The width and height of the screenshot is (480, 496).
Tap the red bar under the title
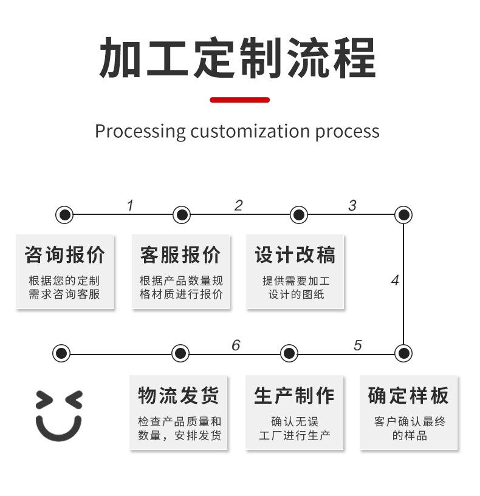pyautogui.click(x=239, y=100)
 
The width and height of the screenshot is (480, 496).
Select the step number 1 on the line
pyautogui.click(x=129, y=206)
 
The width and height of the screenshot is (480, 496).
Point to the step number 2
pyautogui.click(x=238, y=205)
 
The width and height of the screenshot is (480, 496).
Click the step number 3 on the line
pyautogui.click(x=352, y=205)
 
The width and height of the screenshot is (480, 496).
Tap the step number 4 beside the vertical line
pyautogui.click(x=394, y=280)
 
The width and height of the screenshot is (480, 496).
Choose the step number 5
pyautogui.click(x=357, y=345)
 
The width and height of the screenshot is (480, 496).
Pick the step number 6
pyautogui.click(x=236, y=345)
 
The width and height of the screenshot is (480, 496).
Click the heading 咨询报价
pyautogui.click(x=65, y=254)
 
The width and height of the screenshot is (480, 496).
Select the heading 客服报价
pyautogui.click(x=180, y=254)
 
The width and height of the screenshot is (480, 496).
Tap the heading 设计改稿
pyautogui.click(x=295, y=254)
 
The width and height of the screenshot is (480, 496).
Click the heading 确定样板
pyautogui.click(x=408, y=395)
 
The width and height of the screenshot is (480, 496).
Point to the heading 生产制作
pyautogui.click(x=294, y=395)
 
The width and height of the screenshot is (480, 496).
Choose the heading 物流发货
pyautogui.click(x=179, y=395)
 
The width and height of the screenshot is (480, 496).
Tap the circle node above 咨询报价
pyautogui.click(x=64, y=214)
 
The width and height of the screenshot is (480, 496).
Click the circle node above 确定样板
pyautogui.click(x=403, y=353)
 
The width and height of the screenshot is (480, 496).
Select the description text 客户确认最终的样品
pyautogui.click(x=409, y=428)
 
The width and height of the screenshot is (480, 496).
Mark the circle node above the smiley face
pyautogui.click(x=61, y=353)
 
